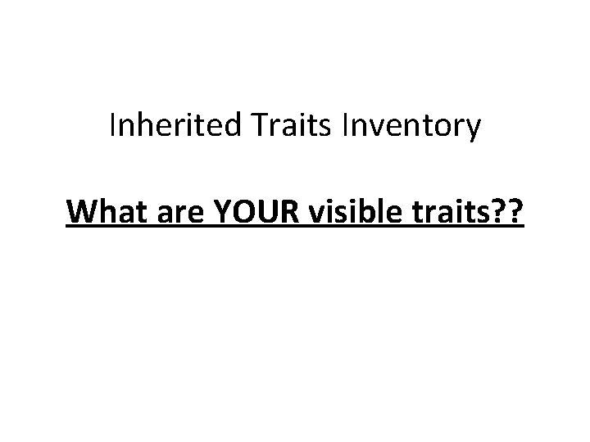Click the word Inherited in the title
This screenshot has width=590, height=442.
(168, 127)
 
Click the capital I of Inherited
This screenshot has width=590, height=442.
(112, 127)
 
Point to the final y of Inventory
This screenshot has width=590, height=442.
(473, 131)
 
